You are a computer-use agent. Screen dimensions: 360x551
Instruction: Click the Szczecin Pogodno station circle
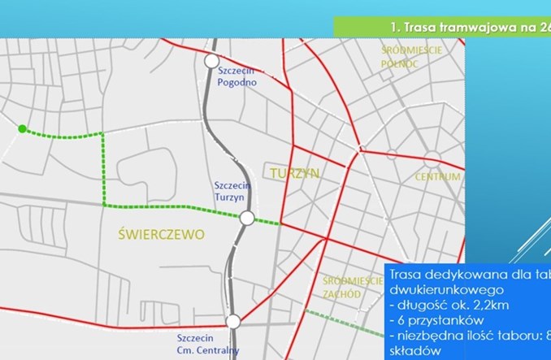[211, 61]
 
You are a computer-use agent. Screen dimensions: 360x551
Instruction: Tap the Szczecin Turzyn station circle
[247, 218]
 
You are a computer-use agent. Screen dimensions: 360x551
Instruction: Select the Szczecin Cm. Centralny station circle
[234, 321]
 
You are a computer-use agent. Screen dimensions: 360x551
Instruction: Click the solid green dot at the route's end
[22, 128]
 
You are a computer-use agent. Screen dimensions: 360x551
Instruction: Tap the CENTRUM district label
[438, 176]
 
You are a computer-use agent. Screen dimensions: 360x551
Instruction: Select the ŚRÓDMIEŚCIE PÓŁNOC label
[411, 56]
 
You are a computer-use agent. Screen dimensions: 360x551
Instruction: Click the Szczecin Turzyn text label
[232, 192]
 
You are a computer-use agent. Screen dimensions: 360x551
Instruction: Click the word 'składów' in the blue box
[419, 351]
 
